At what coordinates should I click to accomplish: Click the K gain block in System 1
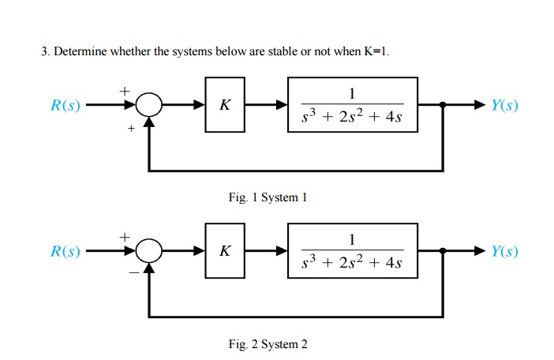(x=225, y=104)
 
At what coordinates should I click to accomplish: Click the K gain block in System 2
(x=225, y=250)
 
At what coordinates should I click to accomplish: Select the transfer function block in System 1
(x=352, y=104)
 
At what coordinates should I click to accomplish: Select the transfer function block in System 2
(x=352, y=250)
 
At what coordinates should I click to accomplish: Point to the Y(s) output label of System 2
(x=504, y=252)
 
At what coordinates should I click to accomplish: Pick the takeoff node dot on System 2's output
(x=442, y=251)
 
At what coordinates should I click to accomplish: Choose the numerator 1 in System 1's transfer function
(x=352, y=92)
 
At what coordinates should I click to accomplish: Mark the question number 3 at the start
(x=44, y=52)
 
